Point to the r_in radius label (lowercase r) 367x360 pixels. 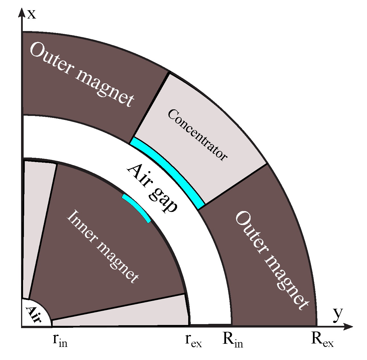(x=60, y=340)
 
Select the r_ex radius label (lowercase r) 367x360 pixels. (x=193, y=340)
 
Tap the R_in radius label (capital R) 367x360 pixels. (x=233, y=340)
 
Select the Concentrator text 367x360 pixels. (x=197, y=135)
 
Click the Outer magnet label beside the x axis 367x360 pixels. (x=81, y=75)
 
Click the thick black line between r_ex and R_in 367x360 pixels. (x=210, y=324)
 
